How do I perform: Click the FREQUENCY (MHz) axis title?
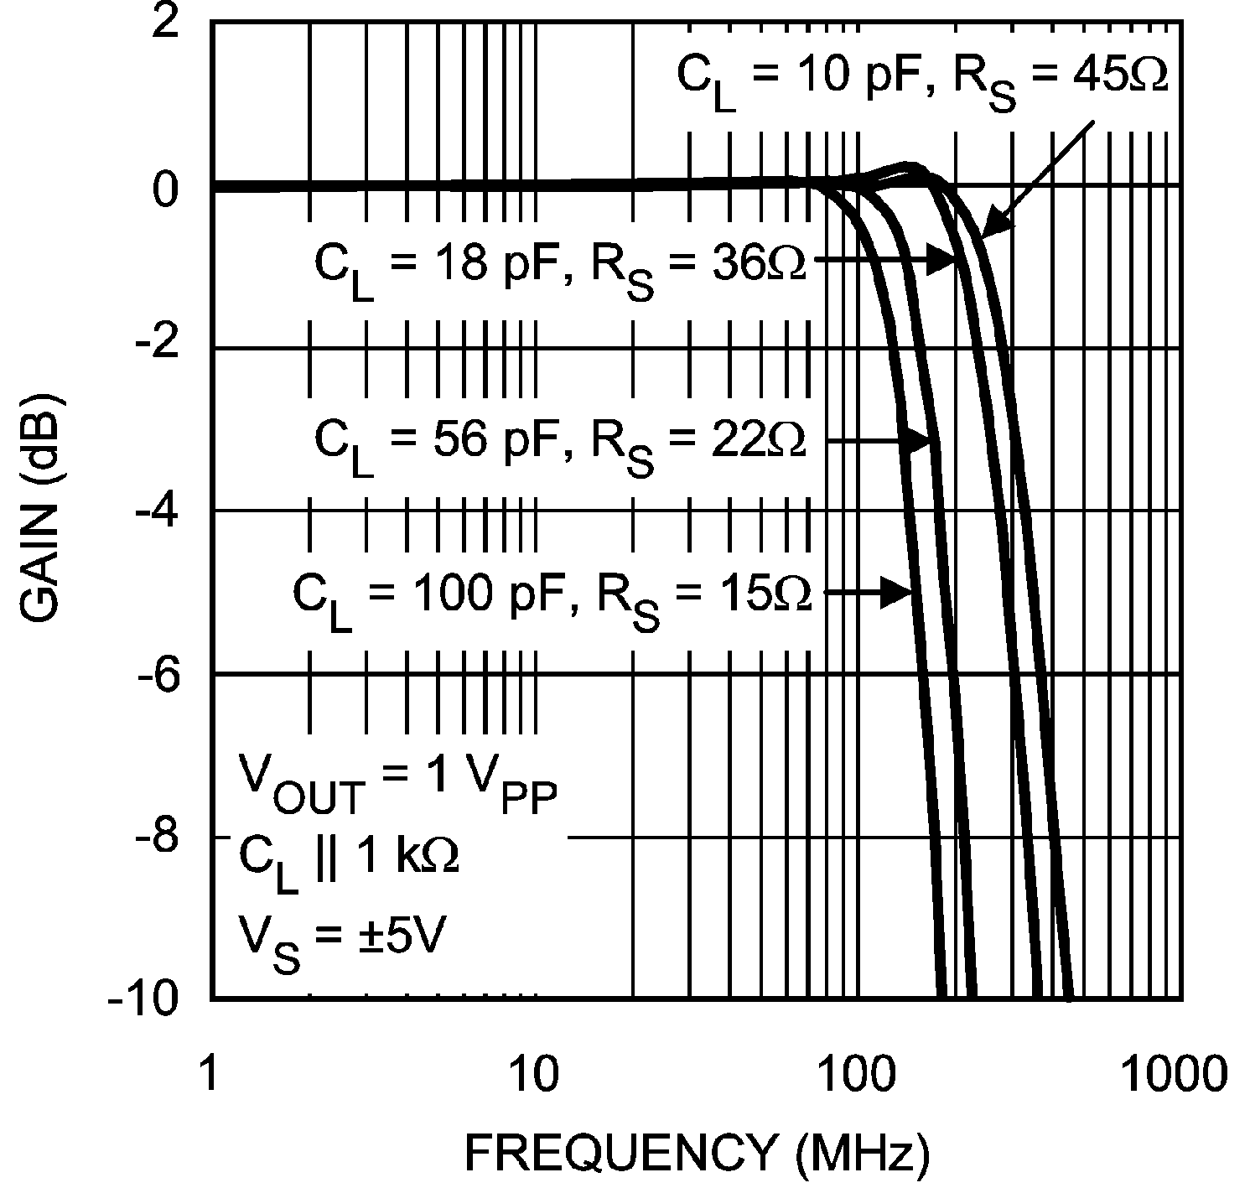696,1154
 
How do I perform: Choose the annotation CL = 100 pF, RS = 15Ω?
551,597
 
